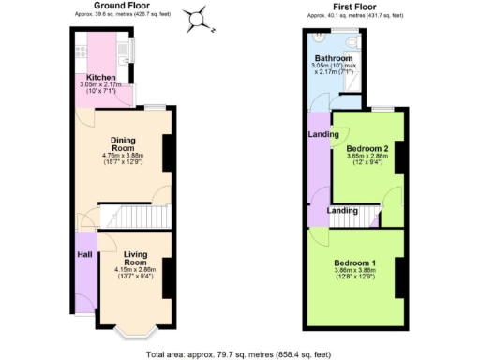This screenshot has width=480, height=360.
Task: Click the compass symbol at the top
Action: [197, 18]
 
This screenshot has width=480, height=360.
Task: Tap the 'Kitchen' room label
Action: [101, 77]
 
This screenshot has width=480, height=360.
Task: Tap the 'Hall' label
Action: [82, 253]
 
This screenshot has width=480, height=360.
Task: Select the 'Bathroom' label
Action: [334, 59]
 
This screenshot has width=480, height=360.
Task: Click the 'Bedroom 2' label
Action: [367, 148]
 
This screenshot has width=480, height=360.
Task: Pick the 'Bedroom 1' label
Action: [361, 262]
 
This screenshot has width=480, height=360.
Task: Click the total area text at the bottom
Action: [240, 354]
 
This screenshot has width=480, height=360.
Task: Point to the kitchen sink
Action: [126, 46]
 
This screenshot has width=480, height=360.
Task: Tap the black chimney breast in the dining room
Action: [168, 153]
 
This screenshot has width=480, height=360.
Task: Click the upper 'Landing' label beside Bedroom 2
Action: [317, 133]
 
